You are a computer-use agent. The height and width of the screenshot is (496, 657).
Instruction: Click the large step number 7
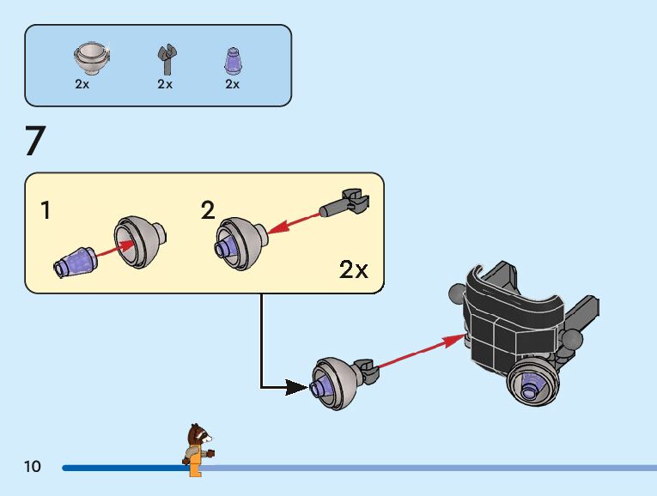click(x=35, y=142)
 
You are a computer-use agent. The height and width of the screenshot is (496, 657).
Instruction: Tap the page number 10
click(x=33, y=467)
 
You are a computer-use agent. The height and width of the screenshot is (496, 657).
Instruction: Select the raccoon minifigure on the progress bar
click(x=198, y=448)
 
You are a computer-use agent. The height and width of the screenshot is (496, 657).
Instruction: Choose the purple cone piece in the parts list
click(x=232, y=60)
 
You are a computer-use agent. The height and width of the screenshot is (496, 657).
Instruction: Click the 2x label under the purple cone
click(x=232, y=84)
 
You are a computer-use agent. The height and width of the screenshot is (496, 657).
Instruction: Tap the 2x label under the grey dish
click(x=82, y=84)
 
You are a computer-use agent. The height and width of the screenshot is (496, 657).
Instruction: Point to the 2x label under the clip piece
click(x=165, y=84)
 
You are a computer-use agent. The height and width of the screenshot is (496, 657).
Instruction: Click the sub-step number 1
click(x=46, y=210)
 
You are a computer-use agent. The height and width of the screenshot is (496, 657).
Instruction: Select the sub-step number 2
click(x=208, y=210)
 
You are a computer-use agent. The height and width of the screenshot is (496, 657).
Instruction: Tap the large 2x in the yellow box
click(x=353, y=270)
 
